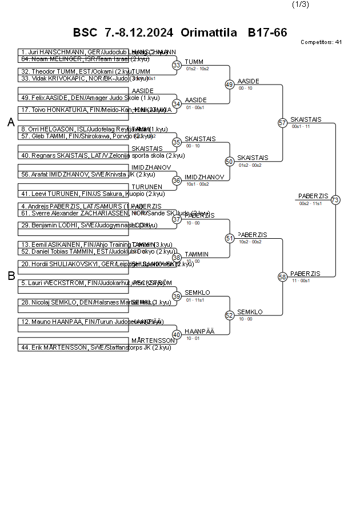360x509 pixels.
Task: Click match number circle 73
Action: coord(335,200)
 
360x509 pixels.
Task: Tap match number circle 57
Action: coord(282,123)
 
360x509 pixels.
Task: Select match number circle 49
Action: coord(230,85)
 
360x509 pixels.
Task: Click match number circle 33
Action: coord(177,65)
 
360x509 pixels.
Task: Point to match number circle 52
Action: coord(230,315)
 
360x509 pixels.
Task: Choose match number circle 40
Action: coord(177,334)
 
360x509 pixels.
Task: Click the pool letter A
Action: coord(11,122)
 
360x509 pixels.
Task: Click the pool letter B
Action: coord(11,276)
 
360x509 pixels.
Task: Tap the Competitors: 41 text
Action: coord(321,42)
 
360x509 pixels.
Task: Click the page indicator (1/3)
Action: coord(301,5)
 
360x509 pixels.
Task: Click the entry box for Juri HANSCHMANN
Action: coord(73,52)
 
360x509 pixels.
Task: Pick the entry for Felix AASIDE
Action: coord(73,98)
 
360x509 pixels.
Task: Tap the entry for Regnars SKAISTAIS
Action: coord(73,155)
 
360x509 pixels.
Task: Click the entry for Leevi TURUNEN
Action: coord(73,194)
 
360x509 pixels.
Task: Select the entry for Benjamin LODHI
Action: coord(73,225)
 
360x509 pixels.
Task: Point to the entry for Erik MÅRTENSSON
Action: coord(73,347)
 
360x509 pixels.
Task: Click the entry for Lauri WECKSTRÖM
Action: coord(73,283)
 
